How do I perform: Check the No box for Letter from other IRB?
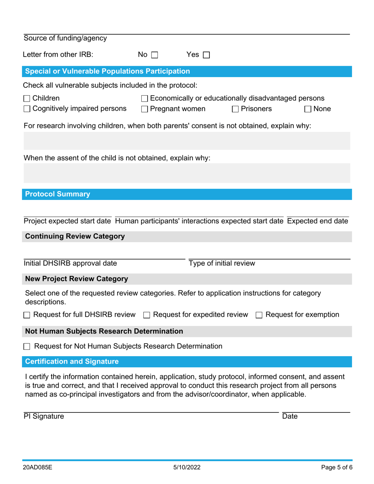coord(154,55)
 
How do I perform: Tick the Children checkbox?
coord(27,98)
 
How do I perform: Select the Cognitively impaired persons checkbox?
coord(27,109)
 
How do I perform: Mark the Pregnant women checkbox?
coord(144,109)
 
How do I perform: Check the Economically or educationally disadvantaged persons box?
coord(144,98)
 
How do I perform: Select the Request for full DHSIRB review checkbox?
coord(27,315)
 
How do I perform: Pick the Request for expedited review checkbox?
coord(146,315)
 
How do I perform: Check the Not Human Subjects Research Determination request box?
coord(27,347)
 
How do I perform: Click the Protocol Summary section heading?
coord(57,194)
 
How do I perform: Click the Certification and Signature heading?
coord(72,361)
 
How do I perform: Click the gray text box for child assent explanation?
coord(187,174)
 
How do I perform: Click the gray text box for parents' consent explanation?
coord(187,141)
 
